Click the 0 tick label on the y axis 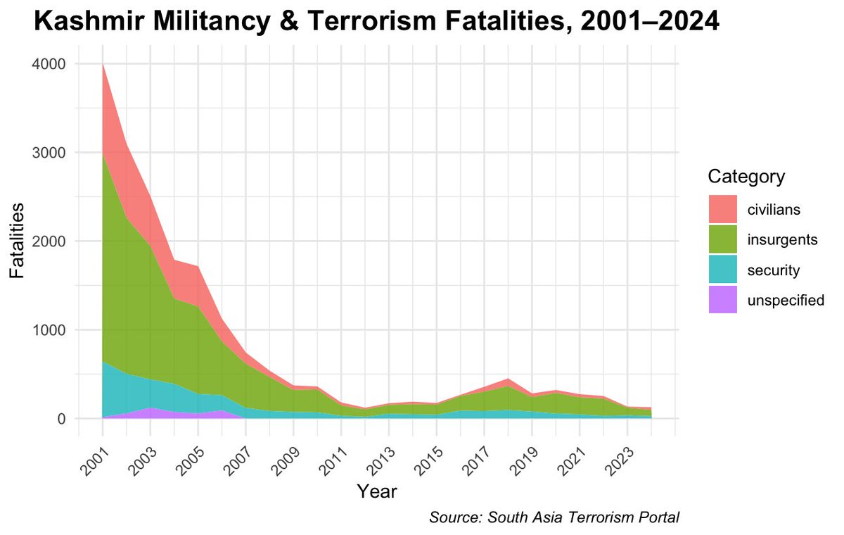62,419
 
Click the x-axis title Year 376,491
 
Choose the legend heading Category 746,176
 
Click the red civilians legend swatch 722,209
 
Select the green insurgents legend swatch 722,239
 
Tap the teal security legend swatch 722,270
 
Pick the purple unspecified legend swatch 722,300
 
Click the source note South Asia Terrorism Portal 554,517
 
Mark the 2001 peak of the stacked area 103,65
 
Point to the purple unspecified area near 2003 151,413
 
